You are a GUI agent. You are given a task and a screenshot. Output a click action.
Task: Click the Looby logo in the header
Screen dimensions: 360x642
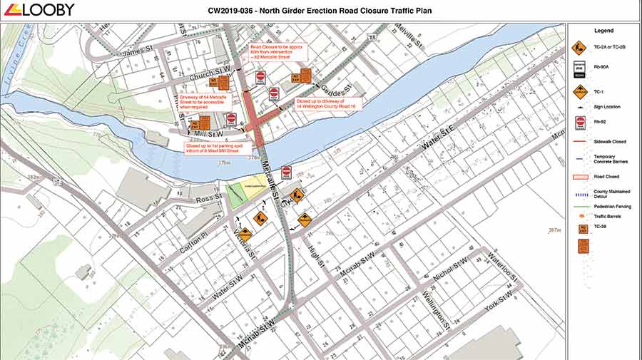pyautogui.click(x=39, y=9)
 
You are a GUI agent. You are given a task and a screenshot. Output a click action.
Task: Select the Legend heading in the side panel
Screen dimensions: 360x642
pyautogui.click(x=603, y=31)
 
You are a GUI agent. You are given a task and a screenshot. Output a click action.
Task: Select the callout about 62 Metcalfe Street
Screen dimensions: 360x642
pyautogui.click(x=277, y=51)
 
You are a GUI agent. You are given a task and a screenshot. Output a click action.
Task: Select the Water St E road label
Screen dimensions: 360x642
pyautogui.click(x=437, y=139)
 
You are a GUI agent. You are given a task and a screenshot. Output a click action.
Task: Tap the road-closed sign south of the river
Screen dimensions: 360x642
pyautogui.click(x=286, y=172)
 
